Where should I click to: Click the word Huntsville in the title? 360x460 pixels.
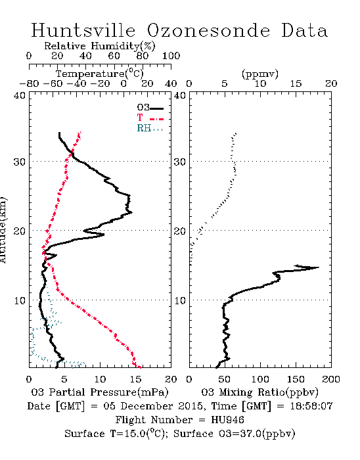tap(83, 30)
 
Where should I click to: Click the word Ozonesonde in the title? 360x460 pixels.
tap(208, 30)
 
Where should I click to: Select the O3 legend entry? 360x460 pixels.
tap(150, 108)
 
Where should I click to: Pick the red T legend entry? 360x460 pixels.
tap(150, 118)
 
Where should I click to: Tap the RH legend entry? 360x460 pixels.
tap(150, 129)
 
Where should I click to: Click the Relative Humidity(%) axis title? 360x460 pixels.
tap(100, 46)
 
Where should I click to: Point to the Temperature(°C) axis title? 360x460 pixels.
tap(100, 74)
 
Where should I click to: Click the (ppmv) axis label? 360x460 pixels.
tap(260, 74)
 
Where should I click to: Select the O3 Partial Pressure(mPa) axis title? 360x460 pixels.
tap(100, 392)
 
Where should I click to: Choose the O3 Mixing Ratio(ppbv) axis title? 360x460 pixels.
tap(259, 392)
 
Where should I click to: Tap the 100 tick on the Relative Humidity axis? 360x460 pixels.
tap(171, 56)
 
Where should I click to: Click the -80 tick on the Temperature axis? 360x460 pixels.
tap(29, 84)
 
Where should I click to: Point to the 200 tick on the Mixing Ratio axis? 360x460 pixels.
tap(331, 379)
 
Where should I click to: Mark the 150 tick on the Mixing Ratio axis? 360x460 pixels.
tap(296, 379)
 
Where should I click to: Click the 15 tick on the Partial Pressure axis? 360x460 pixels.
tap(135, 379)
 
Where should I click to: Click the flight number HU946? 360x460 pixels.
tap(227, 420)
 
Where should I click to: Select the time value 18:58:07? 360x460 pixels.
tap(311, 406)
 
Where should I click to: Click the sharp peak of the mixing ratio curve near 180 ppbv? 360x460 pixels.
tap(319, 267)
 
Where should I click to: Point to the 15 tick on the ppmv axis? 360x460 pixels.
tap(296, 84)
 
